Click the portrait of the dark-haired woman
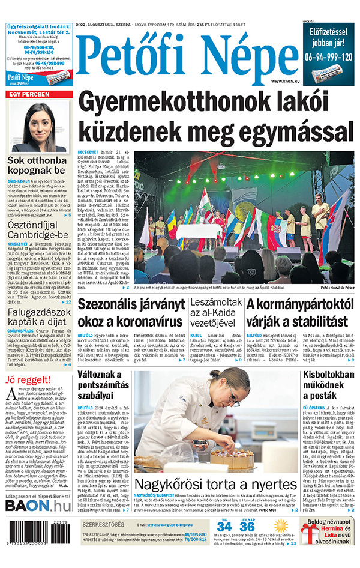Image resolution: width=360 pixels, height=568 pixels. pos(39,127)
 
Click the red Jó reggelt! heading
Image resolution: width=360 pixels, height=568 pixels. pos(28,379)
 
